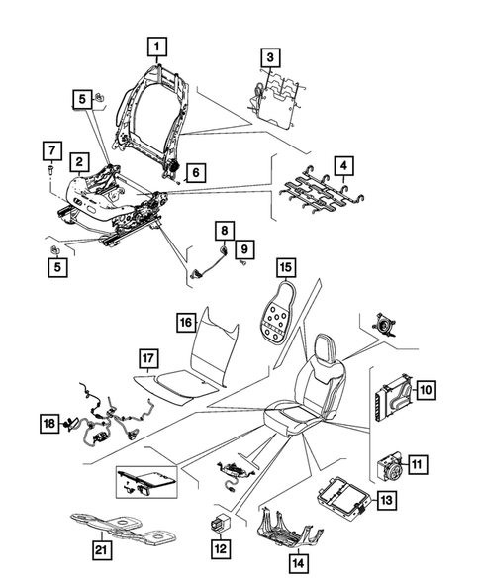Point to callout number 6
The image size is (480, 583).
click(195, 173)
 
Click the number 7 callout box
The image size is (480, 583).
click(48, 151)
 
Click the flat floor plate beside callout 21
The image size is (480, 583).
click(119, 531)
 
